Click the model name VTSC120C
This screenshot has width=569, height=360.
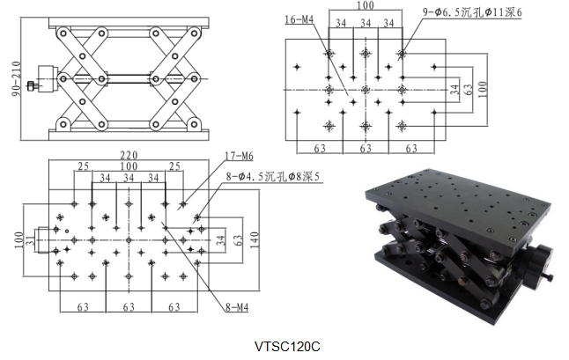pos(284,346)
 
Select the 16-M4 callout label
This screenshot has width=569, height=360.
pos(298,18)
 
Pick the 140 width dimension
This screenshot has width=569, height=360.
pos(255,238)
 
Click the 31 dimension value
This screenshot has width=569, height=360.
pos(29,239)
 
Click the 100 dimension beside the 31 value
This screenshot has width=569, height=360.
pos(17,239)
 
